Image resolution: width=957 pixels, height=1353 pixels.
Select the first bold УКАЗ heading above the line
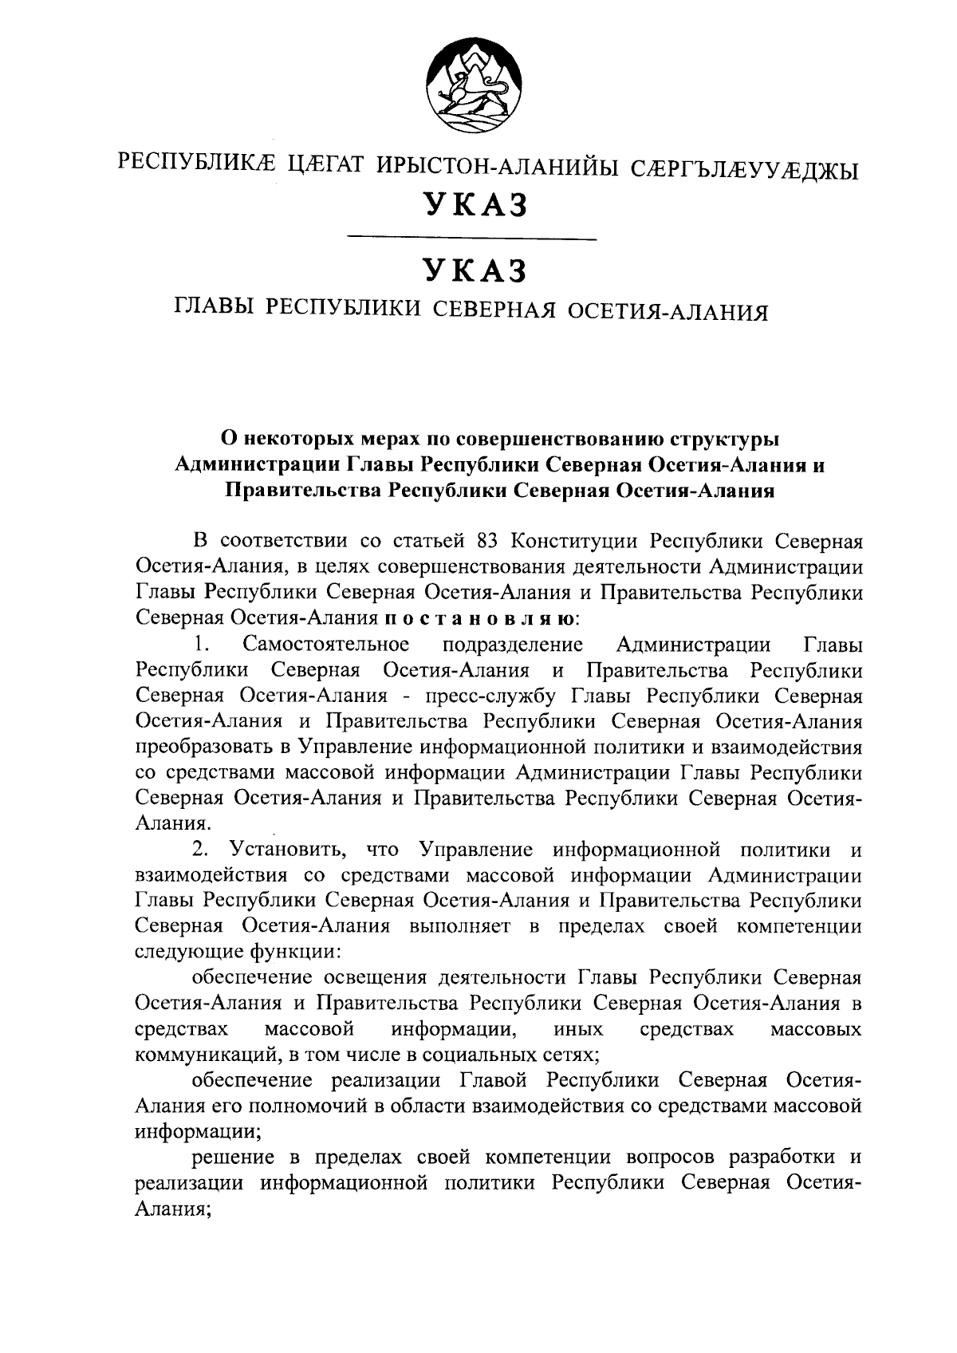click(476, 205)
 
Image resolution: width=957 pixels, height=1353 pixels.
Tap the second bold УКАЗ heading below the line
click(476, 270)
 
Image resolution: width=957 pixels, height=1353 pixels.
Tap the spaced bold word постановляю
click(478, 618)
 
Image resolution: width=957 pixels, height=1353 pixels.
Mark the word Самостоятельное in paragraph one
click(327, 644)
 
